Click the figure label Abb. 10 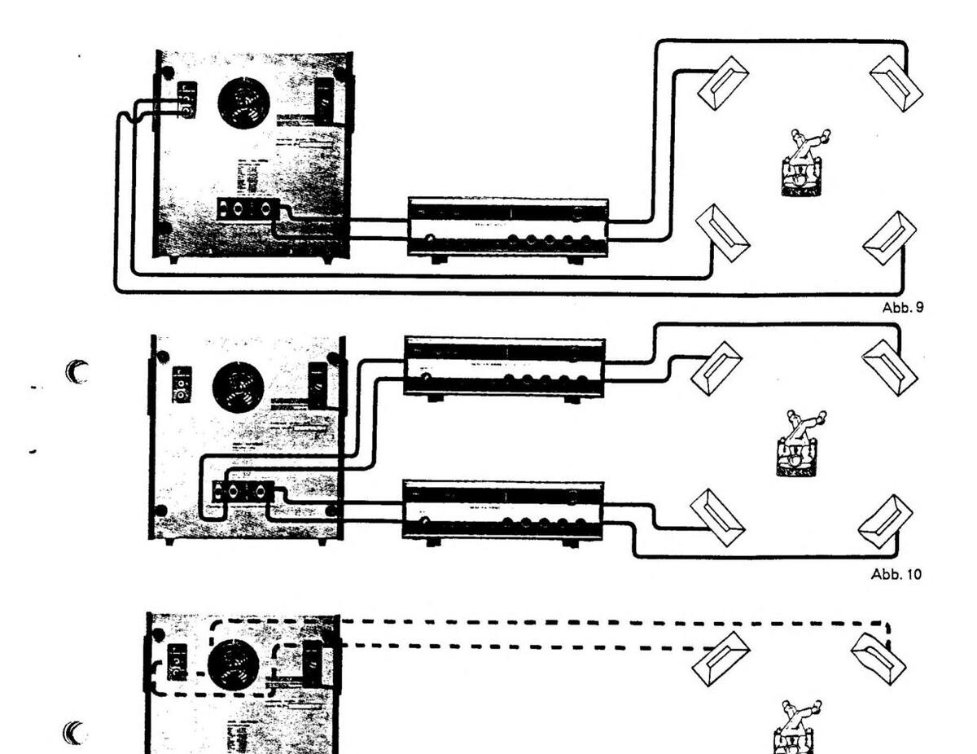896,574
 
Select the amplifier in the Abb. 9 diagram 508,226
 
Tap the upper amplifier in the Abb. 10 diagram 505,367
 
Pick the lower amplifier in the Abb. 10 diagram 503,510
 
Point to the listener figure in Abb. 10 795,445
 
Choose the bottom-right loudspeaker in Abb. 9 889,237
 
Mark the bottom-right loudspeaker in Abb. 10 886,521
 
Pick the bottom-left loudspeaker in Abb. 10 716,517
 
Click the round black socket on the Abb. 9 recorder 244,104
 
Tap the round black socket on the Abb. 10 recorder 238,387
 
